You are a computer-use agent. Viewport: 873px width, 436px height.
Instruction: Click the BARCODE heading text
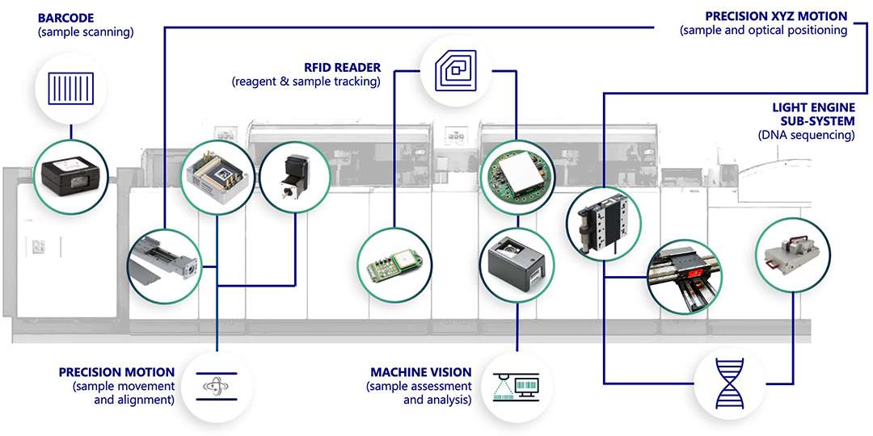(65, 17)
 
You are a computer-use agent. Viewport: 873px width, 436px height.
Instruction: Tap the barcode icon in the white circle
(70, 89)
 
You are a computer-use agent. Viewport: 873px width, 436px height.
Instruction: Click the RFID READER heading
(343, 68)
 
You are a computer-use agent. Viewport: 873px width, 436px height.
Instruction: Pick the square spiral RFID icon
(456, 70)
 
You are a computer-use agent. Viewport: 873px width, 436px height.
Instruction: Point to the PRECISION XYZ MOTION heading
(776, 16)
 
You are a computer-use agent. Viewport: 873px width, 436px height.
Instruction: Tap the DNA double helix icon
(729, 384)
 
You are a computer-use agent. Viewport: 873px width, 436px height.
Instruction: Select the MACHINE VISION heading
(421, 372)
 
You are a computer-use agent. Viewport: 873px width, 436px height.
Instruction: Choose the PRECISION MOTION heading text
(116, 372)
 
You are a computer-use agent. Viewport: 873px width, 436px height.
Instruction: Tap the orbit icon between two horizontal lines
(217, 386)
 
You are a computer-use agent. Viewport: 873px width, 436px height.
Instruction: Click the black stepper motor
(295, 174)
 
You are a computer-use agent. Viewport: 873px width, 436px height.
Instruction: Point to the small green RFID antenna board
(394, 264)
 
